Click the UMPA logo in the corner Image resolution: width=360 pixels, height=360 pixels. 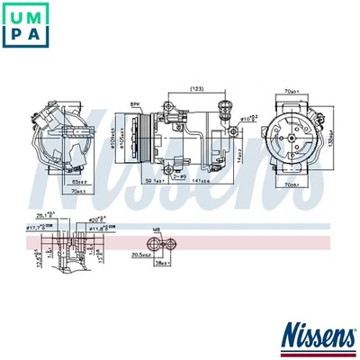[26, 26]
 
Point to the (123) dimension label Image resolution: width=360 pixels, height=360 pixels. [195, 88]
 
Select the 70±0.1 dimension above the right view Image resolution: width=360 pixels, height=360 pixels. [287, 91]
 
